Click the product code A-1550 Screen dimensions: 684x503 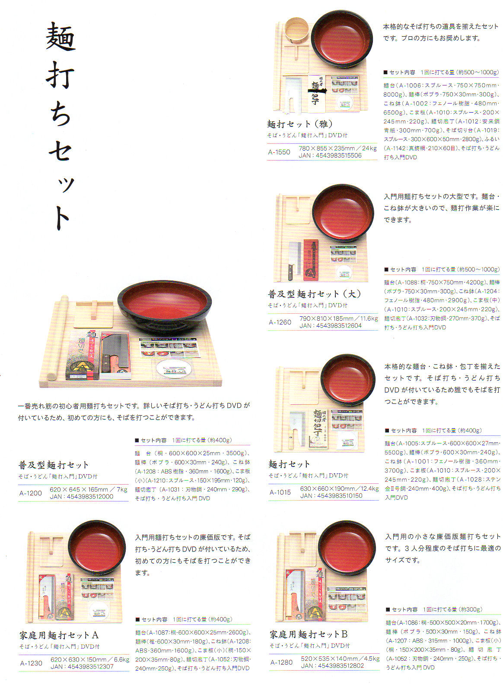pos(279,152)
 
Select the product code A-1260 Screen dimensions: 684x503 pos(280,322)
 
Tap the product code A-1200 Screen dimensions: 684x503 pos(30,493)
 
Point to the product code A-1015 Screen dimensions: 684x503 pos(280,492)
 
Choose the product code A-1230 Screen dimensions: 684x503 pos(31,663)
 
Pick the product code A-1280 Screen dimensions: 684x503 pos(281,662)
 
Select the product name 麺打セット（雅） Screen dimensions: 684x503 pos(300,124)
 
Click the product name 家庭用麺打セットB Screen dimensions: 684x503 pos(309,634)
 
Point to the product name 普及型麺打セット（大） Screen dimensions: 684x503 pos(314,294)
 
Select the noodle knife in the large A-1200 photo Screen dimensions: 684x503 pos(115,354)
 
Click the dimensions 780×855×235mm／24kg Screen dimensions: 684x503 pos(337,148)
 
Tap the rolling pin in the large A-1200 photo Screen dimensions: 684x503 pos(58,337)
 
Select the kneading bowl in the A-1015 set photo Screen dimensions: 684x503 pos(347,380)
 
